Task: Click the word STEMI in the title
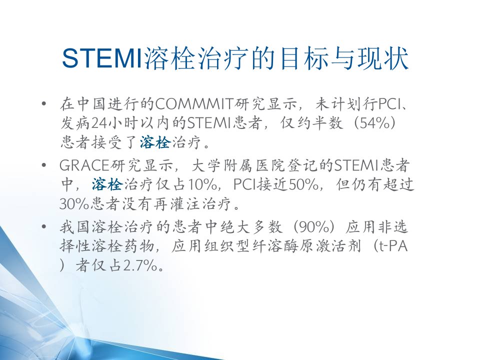[102, 58]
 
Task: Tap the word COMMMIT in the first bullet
[194, 104]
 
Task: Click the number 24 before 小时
[99, 123]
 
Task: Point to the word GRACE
[84, 165]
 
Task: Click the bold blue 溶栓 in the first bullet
[155, 142]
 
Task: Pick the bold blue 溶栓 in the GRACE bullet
[107, 184]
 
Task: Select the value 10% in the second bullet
[202, 184]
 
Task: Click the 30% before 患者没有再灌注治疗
[74, 203]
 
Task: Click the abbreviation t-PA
[393, 246]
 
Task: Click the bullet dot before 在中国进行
[44, 104]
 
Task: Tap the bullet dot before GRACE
[44, 165]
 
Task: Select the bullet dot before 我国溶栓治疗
[44, 227]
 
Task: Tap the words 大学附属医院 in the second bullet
[239, 165]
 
